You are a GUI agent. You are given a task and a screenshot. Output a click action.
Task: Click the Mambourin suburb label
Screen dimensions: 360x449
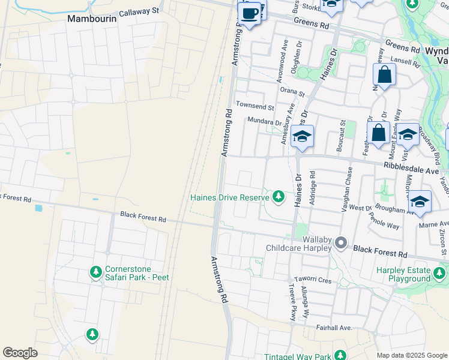91,19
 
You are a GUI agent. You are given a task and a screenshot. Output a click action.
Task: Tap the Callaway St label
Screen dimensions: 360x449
139,11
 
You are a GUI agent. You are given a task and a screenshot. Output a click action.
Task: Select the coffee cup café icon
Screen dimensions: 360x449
250,13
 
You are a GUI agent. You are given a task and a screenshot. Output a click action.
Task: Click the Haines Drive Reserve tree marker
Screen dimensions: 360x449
278,196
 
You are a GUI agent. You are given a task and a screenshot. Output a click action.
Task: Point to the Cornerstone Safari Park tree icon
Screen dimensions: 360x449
95,272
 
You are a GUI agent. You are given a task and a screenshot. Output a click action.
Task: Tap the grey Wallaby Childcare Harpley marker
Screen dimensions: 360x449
341,242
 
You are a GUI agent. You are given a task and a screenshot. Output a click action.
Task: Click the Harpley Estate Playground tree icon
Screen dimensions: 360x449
439,274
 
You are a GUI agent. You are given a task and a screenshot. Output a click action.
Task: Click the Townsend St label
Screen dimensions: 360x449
255,106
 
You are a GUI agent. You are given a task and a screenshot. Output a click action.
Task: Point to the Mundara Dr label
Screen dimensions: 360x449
265,121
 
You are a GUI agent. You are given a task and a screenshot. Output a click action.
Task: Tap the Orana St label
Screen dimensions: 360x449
293,92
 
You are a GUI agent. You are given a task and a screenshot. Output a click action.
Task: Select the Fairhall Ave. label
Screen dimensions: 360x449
334,328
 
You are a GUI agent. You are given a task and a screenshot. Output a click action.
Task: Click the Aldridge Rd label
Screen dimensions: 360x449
312,188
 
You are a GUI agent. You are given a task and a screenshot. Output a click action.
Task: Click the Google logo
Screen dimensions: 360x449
20,353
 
